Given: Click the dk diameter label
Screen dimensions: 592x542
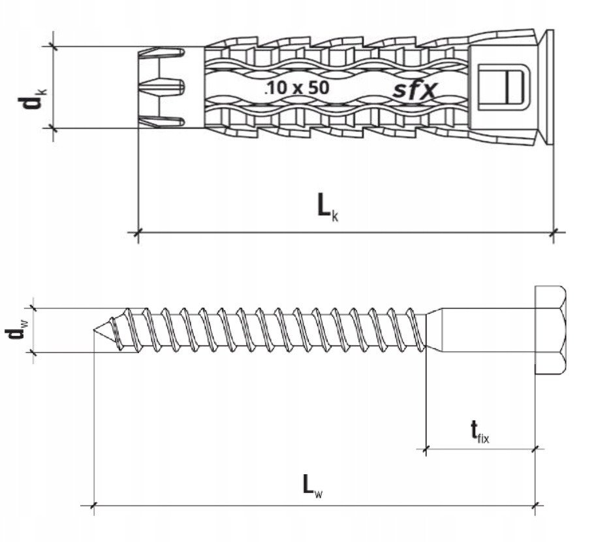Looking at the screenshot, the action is tap(32, 98).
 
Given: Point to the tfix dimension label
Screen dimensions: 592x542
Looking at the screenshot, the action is tap(480, 432).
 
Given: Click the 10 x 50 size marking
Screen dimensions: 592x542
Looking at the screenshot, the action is tap(297, 87).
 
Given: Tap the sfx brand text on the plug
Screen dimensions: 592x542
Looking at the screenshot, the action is tap(415, 89).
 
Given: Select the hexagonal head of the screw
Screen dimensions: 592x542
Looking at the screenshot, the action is tap(550, 330).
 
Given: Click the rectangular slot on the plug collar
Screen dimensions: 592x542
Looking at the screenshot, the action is tap(504, 87).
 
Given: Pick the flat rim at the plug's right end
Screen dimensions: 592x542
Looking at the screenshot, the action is tap(550, 87).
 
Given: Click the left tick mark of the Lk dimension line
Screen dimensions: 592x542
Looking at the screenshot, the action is tap(138, 232).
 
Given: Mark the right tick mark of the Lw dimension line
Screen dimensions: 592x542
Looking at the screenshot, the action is tap(535, 505).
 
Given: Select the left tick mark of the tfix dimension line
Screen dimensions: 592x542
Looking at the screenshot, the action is tap(426, 449).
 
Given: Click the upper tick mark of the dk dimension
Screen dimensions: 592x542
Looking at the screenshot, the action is tap(54, 47).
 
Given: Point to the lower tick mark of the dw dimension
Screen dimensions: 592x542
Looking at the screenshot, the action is tap(33, 353).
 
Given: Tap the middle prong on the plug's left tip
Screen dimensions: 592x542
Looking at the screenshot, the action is tap(162, 87).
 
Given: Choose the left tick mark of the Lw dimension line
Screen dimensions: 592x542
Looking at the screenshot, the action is tap(93, 505).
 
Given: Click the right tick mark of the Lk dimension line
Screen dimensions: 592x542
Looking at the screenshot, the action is tap(554, 232).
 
